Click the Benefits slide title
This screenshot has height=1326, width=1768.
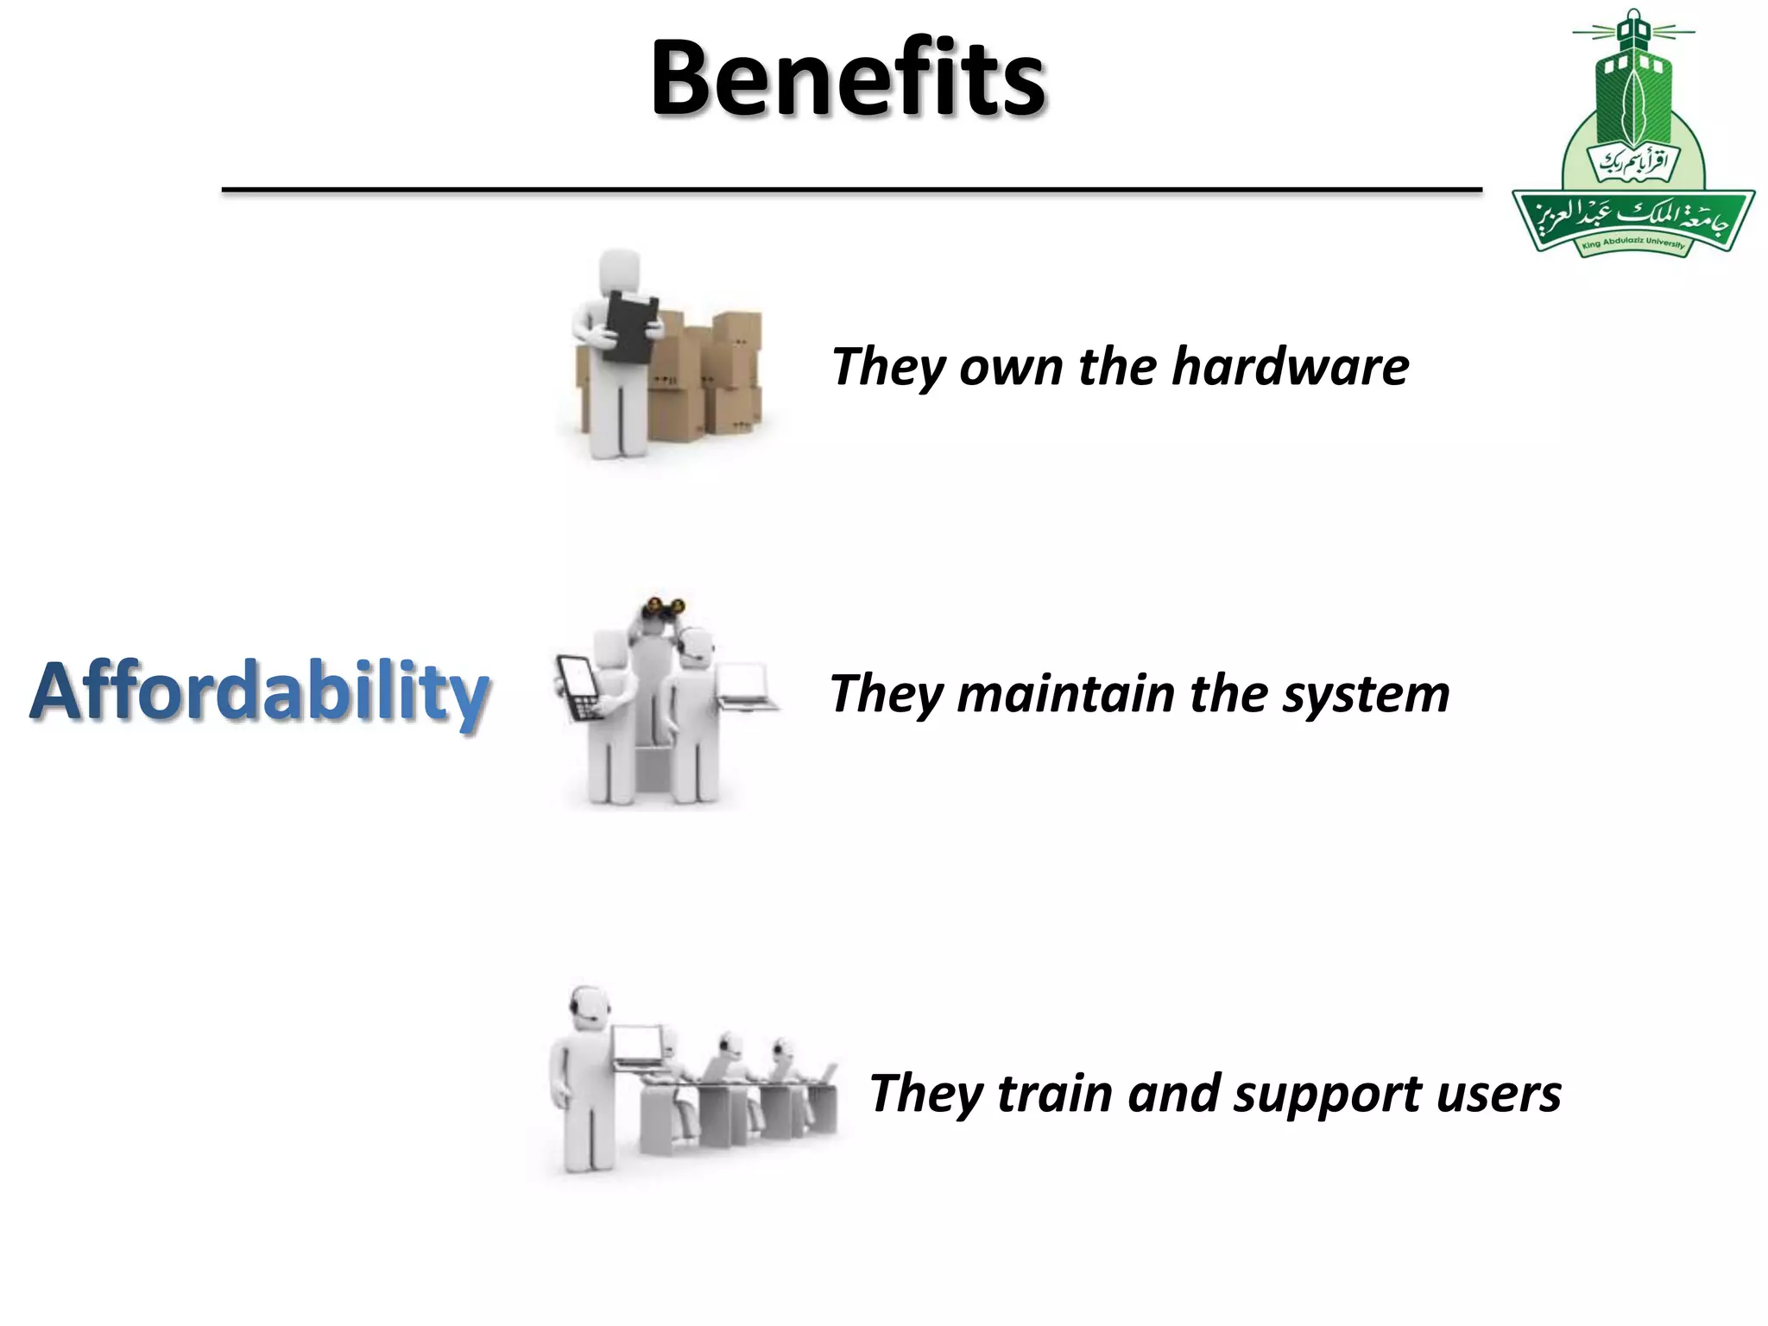[848, 79]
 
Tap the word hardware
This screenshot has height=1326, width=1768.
[1290, 367]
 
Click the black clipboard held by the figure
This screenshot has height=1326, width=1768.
[631, 326]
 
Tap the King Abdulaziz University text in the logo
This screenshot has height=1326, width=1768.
[1632, 243]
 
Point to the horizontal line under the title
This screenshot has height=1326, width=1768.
[851, 189]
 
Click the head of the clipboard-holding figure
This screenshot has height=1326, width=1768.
[620, 272]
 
